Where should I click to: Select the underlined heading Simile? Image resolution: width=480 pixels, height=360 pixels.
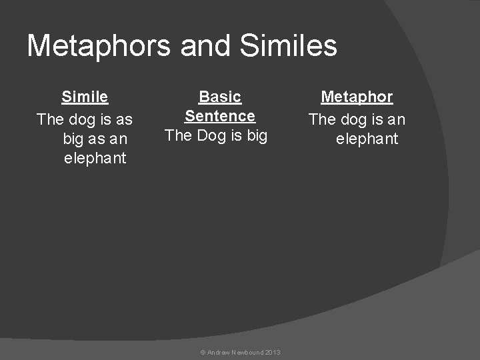85,97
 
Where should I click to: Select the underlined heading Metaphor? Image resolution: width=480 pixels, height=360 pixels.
357,97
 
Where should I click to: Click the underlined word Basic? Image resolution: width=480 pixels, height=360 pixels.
220,97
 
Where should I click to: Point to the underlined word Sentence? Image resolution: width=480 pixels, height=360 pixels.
220,116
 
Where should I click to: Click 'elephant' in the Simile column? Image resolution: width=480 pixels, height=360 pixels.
95,159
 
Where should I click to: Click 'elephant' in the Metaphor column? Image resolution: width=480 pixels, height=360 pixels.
367,139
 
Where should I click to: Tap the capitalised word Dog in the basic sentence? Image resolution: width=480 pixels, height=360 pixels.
210,136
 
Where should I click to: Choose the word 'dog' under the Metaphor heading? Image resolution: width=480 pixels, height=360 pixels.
355,120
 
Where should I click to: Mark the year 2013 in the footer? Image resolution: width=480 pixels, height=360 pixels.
272,352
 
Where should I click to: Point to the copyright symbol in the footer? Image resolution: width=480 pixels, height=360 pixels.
203,352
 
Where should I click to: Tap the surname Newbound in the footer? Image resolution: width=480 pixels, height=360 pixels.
247,352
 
